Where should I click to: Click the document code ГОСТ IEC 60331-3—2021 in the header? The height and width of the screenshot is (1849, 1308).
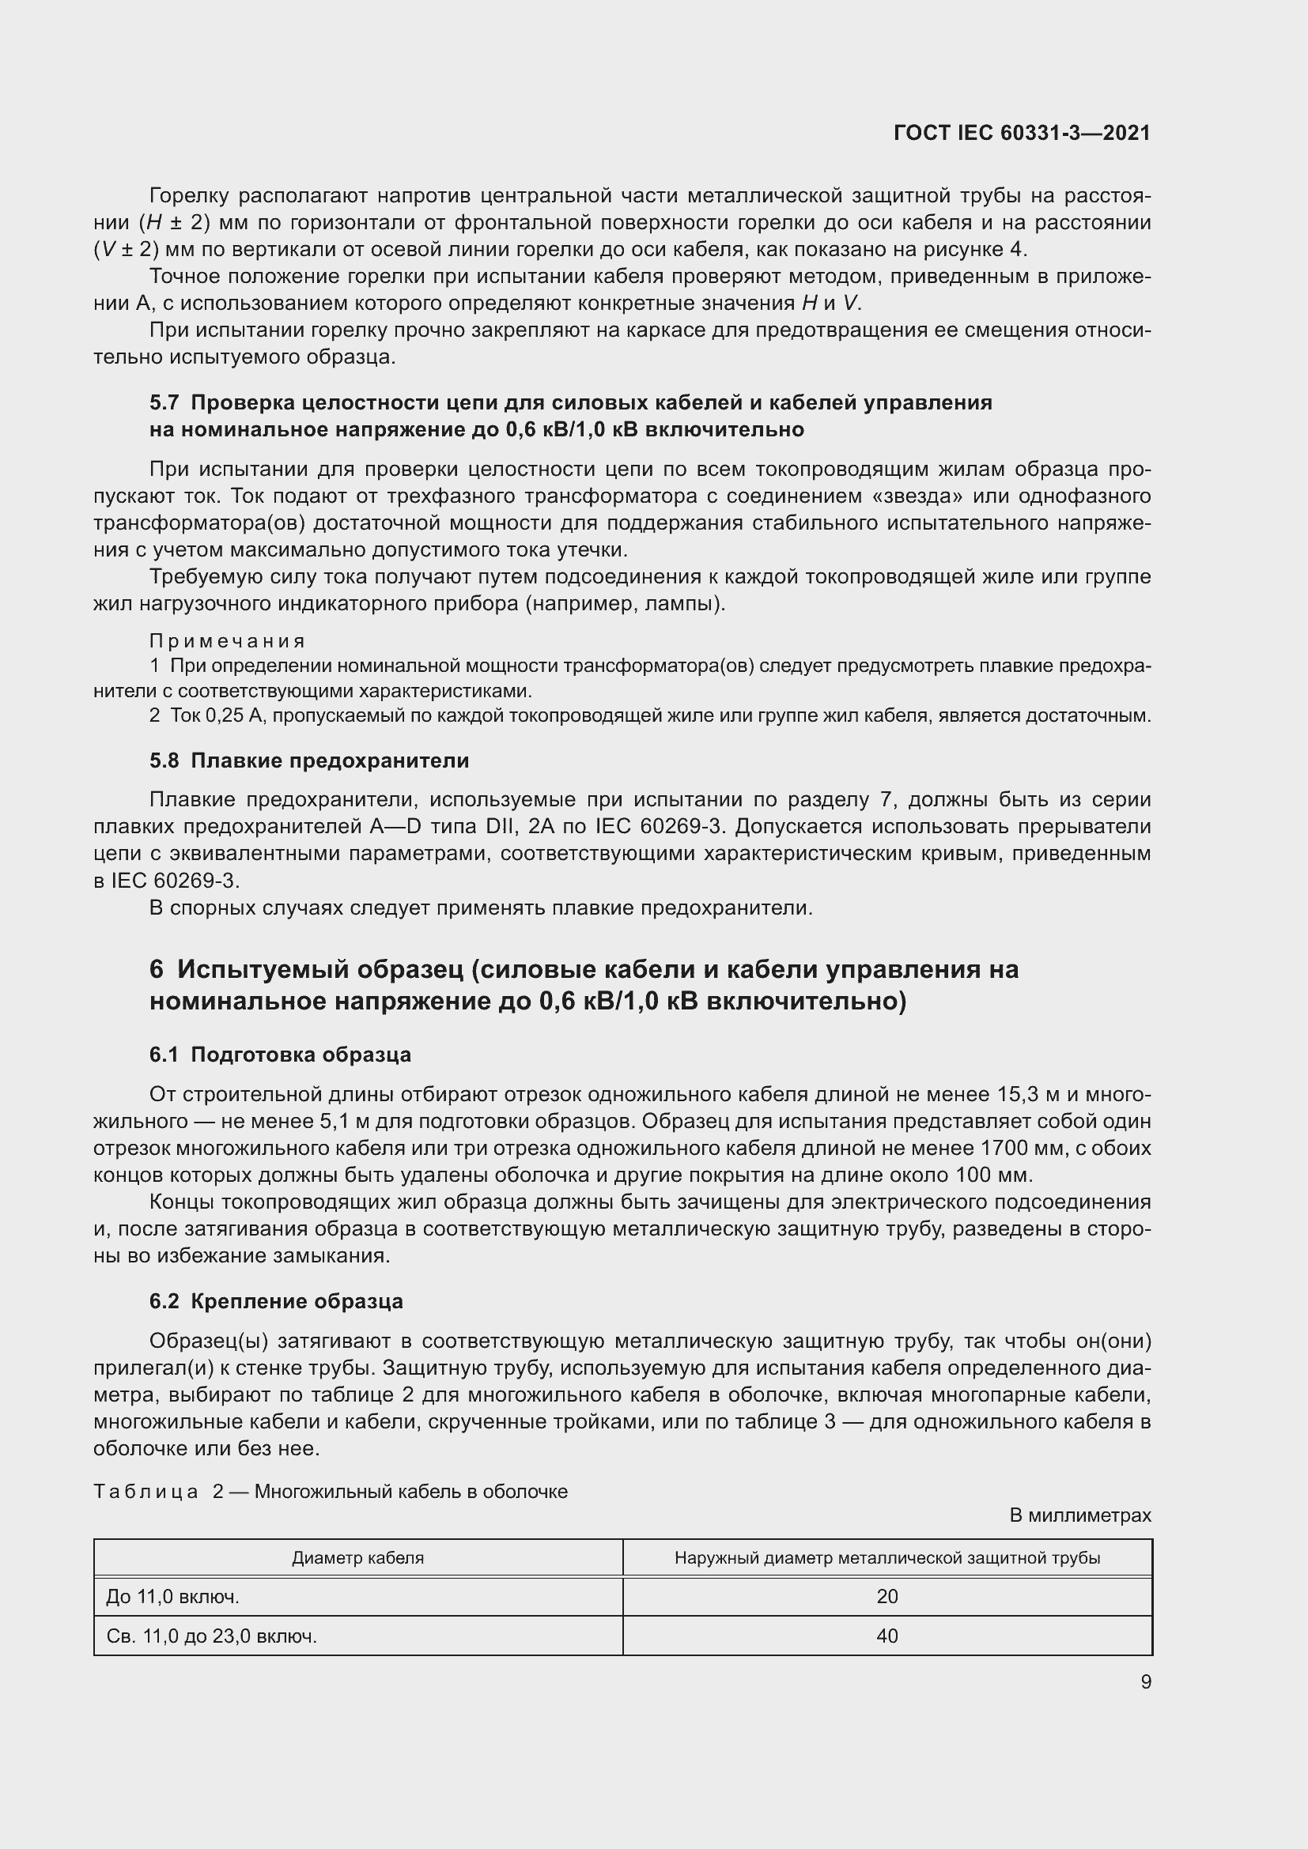pyautogui.click(x=1021, y=134)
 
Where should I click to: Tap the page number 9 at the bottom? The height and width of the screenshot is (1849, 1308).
pyautogui.click(x=1145, y=1681)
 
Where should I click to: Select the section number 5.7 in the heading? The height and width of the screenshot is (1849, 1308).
pyautogui.click(x=164, y=402)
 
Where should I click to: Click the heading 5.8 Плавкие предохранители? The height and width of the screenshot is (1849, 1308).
pyautogui.click(x=309, y=760)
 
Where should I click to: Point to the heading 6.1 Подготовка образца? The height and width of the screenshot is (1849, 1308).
pyautogui.click(x=280, y=1055)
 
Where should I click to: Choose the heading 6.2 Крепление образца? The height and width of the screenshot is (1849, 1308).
pyautogui.click(x=276, y=1301)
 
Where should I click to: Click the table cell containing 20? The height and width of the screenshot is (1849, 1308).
pyautogui.click(x=886, y=1596)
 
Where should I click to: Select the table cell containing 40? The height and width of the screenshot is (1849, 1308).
pyautogui.click(x=886, y=1636)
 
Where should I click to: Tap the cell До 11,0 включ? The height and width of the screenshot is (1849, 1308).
pyautogui.click(x=172, y=1596)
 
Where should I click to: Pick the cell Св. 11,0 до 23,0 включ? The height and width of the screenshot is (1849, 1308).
pyautogui.click(x=212, y=1636)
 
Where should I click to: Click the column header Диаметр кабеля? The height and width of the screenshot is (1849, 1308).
pyautogui.click(x=357, y=1557)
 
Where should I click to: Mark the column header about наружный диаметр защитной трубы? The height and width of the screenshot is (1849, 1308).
pyautogui.click(x=886, y=1557)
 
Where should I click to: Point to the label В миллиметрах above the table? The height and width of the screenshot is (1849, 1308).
pyautogui.click(x=1080, y=1515)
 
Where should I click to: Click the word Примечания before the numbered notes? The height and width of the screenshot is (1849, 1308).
pyautogui.click(x=227, y=641)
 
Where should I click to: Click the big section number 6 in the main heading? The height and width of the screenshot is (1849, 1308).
pyautogui.click(x=157, y=969)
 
